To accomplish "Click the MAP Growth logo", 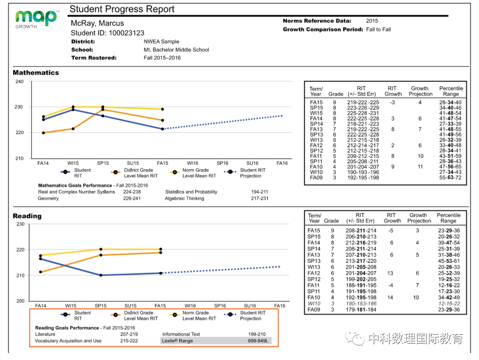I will [x=36, y=18].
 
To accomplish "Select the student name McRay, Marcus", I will [x=97, y=23].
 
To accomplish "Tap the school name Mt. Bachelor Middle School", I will [x=176, y=50].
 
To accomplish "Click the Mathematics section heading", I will [x=35, y=73].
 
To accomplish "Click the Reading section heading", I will [x=27, y=216].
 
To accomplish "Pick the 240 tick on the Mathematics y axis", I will [x=20, y=82].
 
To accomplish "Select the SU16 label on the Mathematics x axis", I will [x=252, y=163].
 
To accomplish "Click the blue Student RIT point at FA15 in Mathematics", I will [x=162, y=129].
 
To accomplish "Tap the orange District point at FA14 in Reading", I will [x=41, y=272].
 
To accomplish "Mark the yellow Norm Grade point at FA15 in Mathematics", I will [x=162, y=109].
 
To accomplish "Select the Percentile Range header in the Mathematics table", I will [x=451, y=91].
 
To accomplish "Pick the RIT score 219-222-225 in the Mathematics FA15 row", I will [x=363, y=102].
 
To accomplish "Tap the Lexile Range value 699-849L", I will [x=257, y=341].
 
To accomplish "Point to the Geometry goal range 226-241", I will [x=132, y=199].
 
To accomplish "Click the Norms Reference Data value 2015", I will [x=372, y=21].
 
